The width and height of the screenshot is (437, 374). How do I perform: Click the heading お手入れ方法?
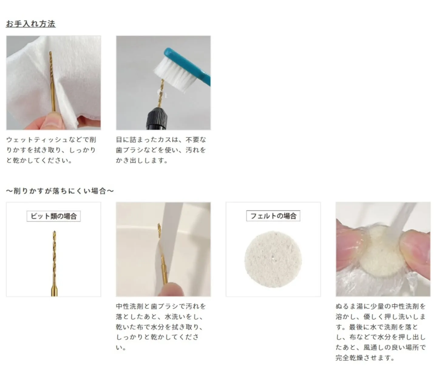pyautogui.click(x=31, y=24)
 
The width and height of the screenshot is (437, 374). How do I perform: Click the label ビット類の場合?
pyautogui.click(x=54, y=216)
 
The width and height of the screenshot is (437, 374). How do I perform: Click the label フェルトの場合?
pyautogui.click(x=273, y=216)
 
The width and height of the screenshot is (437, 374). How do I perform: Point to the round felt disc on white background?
pyautogui.click(x=273, y=259)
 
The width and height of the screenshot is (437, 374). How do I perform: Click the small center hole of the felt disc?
pyautogui.click(x=274, y=258)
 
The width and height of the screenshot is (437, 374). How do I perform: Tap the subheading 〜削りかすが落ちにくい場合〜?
pyautogui.click(x=60, y=191)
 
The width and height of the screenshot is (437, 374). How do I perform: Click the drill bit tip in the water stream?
pyautogui.click(x=159, y=227)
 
